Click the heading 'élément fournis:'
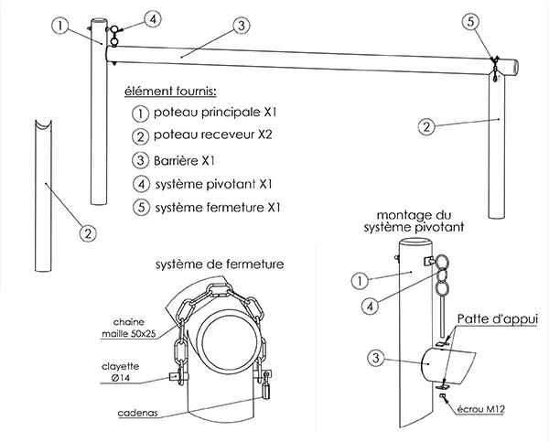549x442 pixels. [x=171, y=92]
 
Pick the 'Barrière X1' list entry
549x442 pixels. [x=183, y=159]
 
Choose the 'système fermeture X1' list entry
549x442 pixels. [x=213, y=207]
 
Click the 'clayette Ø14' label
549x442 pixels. [x=120, y=370]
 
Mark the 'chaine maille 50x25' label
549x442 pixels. [x=130, y=327]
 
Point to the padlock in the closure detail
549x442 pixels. [x=268, y=390]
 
